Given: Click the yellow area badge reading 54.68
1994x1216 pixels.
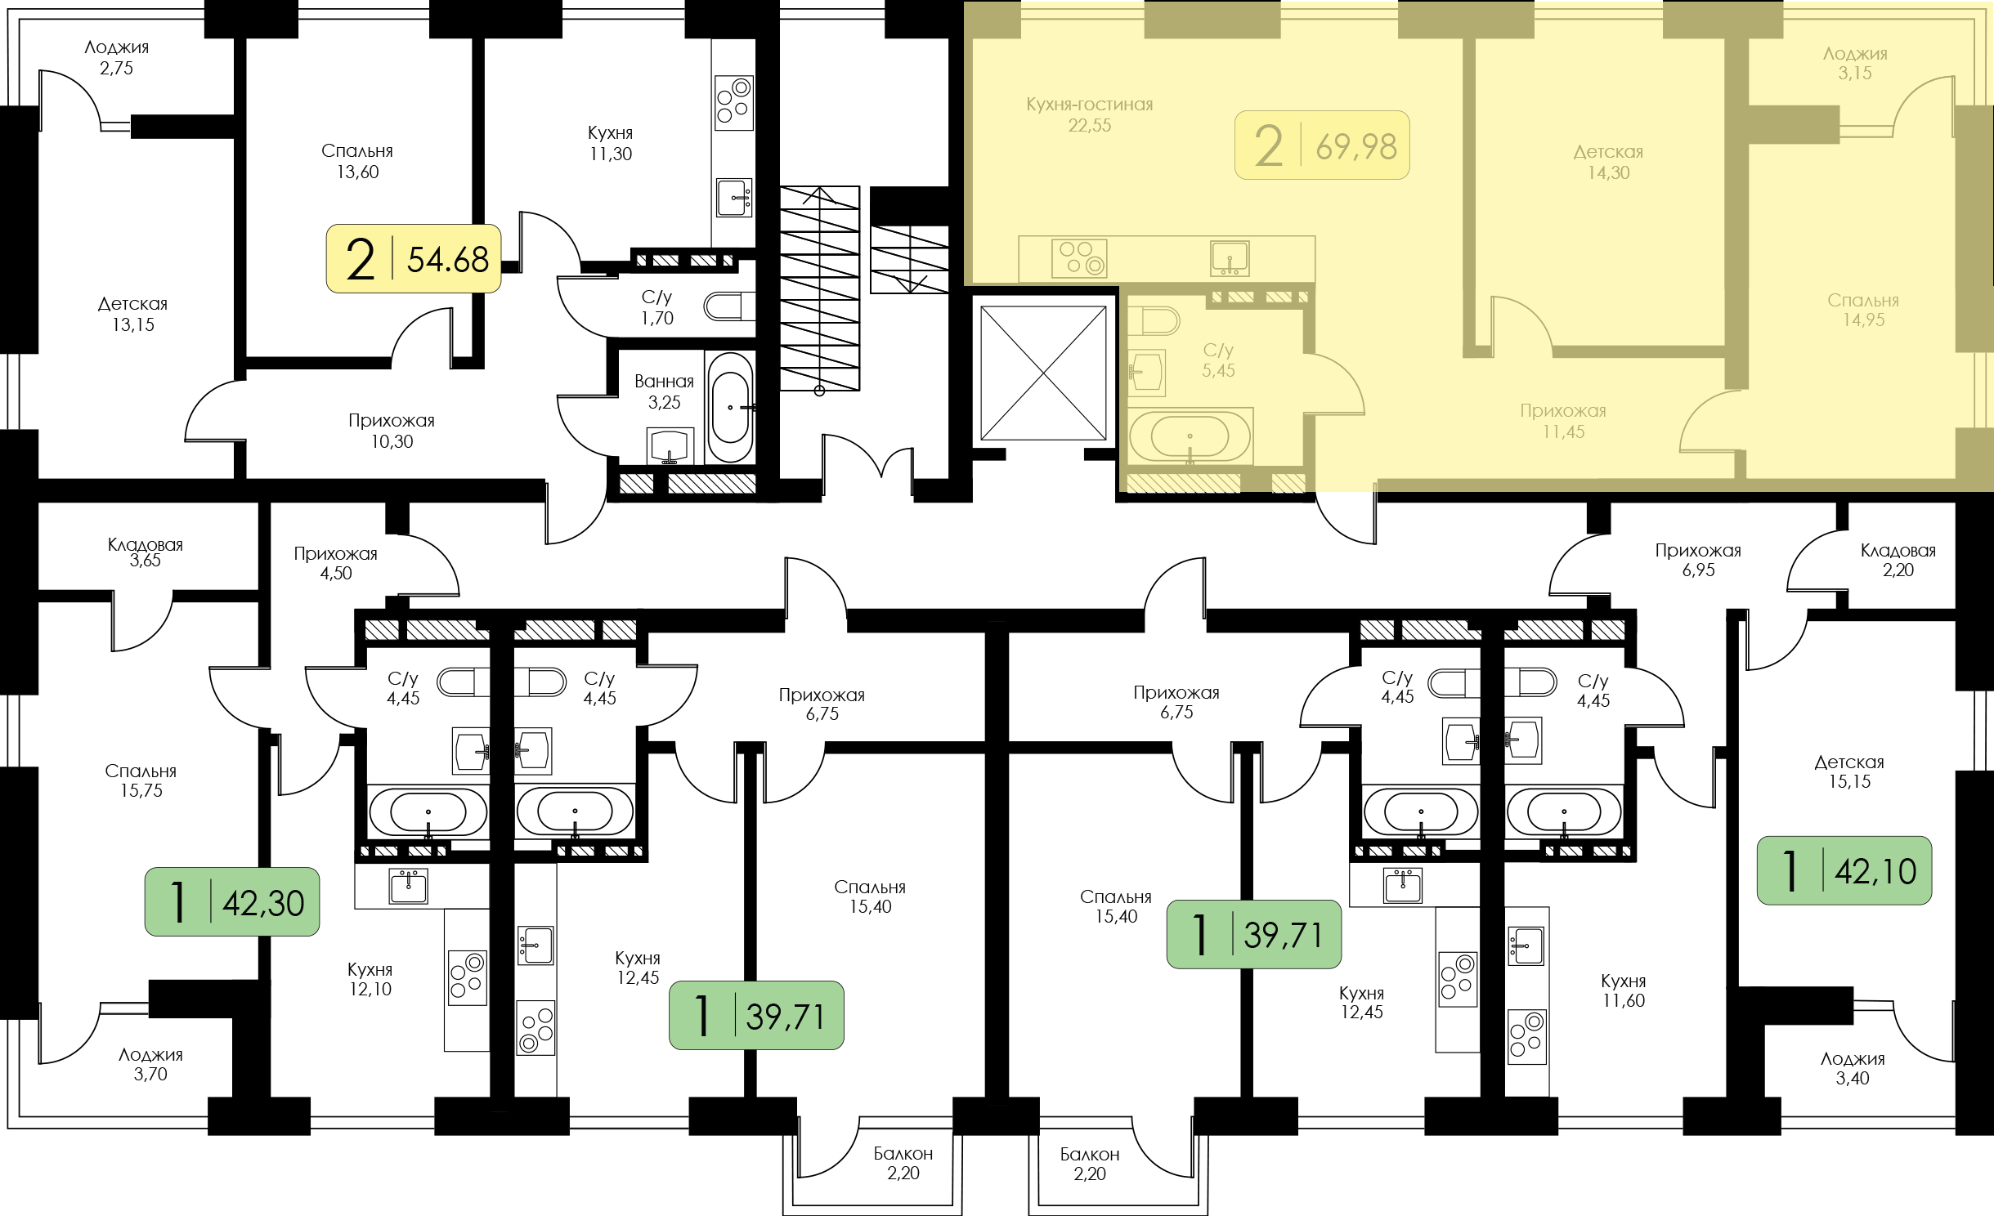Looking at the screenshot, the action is tap(414, 258).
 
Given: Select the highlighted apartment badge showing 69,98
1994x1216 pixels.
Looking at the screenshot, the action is tap(1322, 145).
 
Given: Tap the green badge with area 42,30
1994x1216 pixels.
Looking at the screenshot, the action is tap(232, 901).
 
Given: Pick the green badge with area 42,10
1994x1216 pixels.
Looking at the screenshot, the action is tap(1844, 870).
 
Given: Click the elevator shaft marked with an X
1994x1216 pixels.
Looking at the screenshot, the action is tap(1043, 373).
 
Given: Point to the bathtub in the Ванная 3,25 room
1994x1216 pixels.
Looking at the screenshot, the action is tap(730, 407).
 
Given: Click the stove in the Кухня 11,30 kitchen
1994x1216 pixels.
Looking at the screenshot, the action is tap(733, 102).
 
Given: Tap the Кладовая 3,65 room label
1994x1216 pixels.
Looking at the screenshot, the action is tap(146, 552).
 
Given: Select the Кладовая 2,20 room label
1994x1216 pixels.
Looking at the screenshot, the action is tap(1898, 560).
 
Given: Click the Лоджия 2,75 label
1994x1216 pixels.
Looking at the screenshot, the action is tap(117, 57).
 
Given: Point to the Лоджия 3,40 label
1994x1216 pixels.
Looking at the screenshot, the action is tap(1853, 1068).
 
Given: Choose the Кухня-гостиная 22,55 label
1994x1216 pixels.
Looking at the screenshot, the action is tap(1090, 114).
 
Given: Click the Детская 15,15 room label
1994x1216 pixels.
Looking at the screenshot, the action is tap(1849, 771).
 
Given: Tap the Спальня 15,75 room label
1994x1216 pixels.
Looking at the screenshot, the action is tap(141, 780).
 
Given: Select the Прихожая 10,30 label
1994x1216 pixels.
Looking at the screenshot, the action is tap(392, 431).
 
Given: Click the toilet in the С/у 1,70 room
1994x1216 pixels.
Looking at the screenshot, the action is tap(729, 306).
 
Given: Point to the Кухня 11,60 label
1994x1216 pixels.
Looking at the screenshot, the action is tap(1624, 990).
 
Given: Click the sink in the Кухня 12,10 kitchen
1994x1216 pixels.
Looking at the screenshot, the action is tap(408, 886).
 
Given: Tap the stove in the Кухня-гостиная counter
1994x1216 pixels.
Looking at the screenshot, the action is tap(1079, 258).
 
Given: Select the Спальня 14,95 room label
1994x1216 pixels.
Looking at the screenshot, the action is tap(1863, 310).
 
